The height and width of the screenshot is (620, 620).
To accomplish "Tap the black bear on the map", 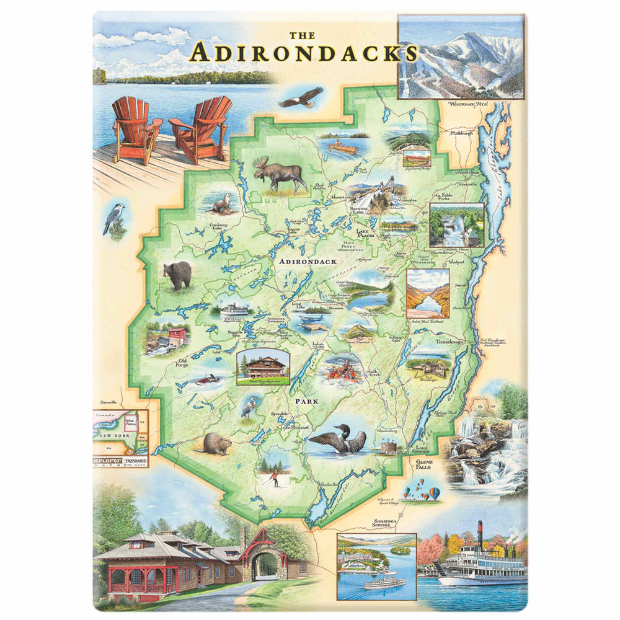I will [x=178, y=275].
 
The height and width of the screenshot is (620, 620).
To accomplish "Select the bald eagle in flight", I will [x=301, y=97].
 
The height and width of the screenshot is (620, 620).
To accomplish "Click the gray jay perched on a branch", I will [x=115, y=218].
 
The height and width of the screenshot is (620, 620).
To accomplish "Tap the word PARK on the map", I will [x=306, y=402].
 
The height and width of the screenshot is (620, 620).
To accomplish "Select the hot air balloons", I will [x=422, y=493].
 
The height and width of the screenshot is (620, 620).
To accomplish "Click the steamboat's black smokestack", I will [x=479, y=537].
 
